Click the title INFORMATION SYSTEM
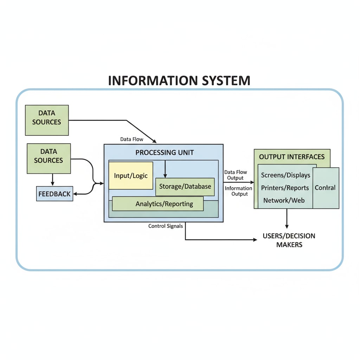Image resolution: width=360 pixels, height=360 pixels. coord(179,81)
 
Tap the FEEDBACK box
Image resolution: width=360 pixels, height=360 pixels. coord(54,194)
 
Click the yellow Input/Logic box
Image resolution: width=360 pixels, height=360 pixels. coord(131,175)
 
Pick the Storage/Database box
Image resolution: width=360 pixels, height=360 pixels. coord(185,186)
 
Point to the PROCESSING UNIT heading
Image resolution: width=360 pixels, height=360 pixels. coord(164,153)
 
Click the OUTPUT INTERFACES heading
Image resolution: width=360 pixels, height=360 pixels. coord(292,157)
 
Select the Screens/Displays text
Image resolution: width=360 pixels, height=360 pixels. coord(285,175)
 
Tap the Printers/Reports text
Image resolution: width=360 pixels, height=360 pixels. coord(285,188)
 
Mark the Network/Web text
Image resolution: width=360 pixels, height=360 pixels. coord(284,200)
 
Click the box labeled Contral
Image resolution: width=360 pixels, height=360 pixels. coord(326,188)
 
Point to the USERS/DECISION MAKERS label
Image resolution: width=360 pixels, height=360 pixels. coord(289,240)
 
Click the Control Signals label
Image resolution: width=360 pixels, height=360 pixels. coord(166,226)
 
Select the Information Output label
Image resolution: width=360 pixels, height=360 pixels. coord(238,191)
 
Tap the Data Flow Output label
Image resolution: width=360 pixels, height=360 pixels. coord(236,175)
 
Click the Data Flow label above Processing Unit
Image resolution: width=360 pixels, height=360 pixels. coord(132,139)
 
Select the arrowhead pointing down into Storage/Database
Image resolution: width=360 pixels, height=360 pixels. coord(165,175)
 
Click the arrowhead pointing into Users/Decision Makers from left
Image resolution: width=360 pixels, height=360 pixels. coord(255,240)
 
